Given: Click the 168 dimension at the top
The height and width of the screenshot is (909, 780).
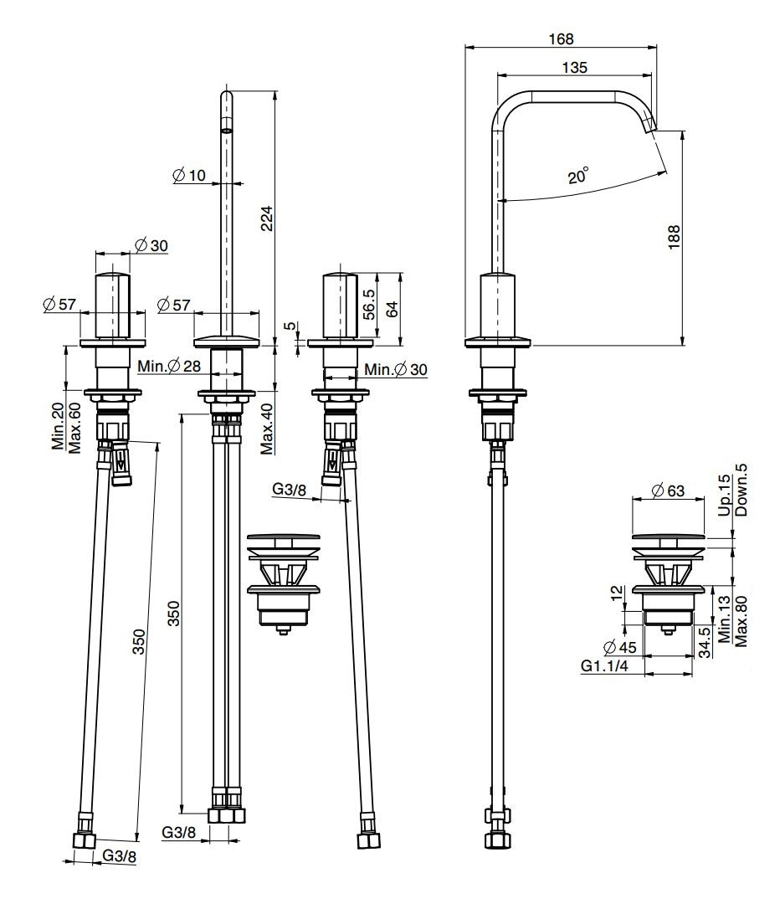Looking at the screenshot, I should pyautogui.click(x=562, y=39).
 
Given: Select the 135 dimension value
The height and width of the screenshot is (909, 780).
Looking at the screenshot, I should pyautogui.click(x=574, y=68).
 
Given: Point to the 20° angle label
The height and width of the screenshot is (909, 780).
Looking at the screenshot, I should pyautogui.click(x=577, y=177).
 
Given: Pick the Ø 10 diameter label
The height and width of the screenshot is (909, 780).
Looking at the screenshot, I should pyautogui.click(x=188, y=175).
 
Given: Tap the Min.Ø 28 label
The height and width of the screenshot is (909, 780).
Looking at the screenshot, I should pyautogui.click(x=170, y=366).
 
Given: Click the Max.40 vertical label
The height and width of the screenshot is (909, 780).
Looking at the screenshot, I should pyautogui.click(x=266, y=428).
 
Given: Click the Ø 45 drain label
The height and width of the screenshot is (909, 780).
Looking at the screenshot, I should pyautogui.click(x=620, y=646).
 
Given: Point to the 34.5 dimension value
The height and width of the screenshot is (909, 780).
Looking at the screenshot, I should pyautogui.click(x=705, y=643).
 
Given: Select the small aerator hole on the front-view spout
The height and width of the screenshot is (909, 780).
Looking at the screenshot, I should pyautogui.click(x=226, y=131).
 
